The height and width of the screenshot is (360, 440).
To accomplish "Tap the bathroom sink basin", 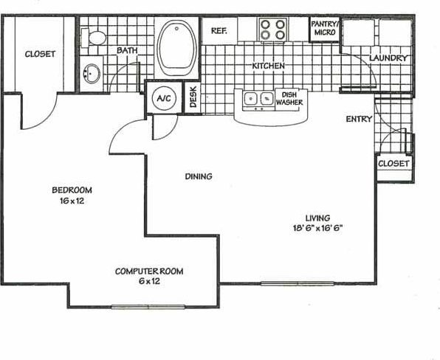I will (93, 74).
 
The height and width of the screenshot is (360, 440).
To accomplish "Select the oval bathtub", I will (177, 46).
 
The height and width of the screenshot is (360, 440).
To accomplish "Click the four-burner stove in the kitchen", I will (272, 30).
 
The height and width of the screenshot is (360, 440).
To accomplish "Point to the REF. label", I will (219, 31).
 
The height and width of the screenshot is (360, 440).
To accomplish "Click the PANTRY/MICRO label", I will (324, 28).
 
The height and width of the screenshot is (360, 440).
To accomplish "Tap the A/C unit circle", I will (162, 97).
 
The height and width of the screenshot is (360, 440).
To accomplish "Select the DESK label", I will (193, 97).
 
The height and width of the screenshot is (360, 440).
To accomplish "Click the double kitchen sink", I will (256, 97).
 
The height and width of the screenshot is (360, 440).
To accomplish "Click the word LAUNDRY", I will (388, 58).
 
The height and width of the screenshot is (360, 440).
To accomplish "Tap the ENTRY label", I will (359, 120).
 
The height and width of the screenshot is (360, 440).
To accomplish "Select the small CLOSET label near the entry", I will (393, 163).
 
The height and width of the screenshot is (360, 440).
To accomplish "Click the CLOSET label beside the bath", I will (40, 54).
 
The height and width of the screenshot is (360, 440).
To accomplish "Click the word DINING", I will (198, 176).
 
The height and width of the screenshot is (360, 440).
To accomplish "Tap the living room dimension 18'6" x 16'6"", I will (318, 228).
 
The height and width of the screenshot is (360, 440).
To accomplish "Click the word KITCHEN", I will (268, 66).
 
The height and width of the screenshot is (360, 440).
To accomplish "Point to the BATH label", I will (126, 50).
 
